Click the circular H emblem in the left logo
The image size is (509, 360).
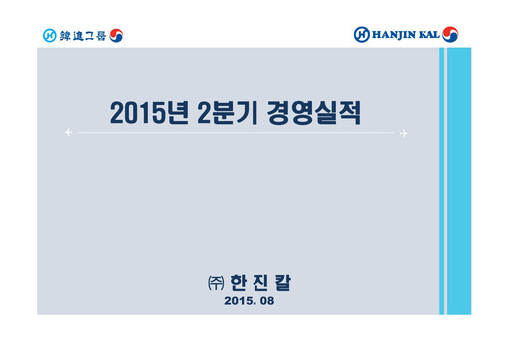(50, 36)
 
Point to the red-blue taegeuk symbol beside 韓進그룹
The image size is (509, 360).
(116, 36)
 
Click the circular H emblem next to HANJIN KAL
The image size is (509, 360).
(362, 35)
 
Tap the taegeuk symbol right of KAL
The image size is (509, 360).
(454, 35)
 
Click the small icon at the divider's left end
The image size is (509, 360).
(68, 131)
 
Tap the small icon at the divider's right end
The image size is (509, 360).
(404, 131)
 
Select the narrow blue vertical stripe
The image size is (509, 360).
(442, 179)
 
